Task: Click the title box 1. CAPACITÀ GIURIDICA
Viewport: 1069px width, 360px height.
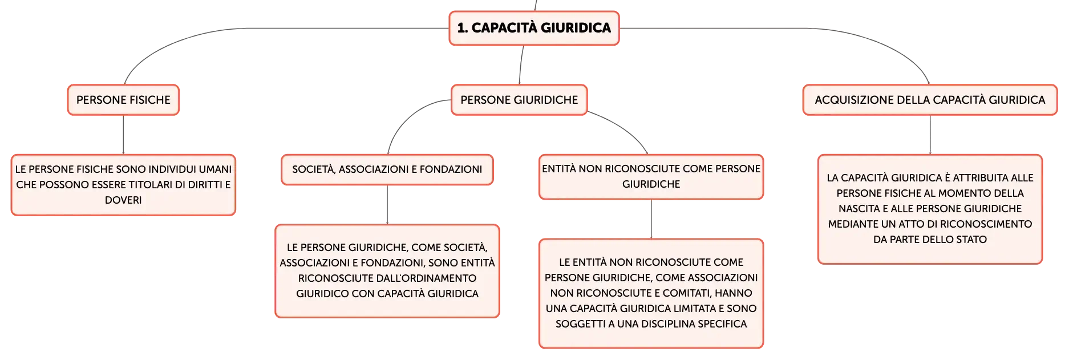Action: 534,28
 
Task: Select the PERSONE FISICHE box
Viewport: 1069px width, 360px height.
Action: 123,100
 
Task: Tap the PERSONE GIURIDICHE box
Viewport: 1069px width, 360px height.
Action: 519,100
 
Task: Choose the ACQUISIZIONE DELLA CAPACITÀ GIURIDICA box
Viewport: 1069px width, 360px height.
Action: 930,100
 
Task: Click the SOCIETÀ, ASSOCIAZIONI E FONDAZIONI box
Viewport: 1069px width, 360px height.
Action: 387,169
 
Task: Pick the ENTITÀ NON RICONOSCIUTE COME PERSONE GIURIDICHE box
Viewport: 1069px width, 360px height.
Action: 651,177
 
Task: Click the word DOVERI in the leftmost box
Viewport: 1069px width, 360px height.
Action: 123,200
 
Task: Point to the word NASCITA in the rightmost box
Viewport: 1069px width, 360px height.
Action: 859,209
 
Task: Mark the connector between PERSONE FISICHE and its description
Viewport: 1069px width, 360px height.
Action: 123,135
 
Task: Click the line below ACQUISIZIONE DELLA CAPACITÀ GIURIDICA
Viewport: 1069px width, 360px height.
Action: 930,135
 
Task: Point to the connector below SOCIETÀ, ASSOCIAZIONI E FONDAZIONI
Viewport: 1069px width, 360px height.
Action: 387,205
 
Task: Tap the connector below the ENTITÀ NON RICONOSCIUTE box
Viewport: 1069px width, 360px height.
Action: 651,219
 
